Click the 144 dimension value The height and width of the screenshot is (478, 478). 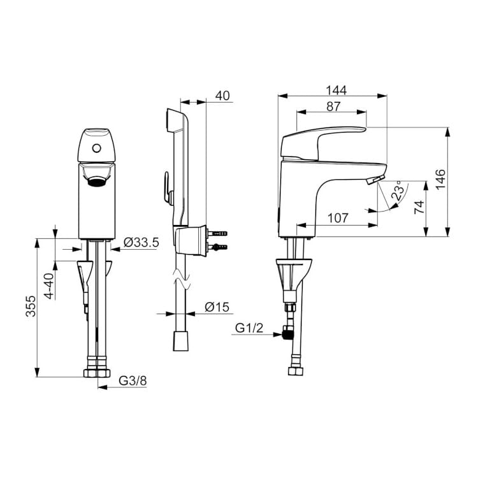click(337, 91)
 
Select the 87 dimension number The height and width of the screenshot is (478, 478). click(333, 106)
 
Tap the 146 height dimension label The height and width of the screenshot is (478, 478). click(440, 180)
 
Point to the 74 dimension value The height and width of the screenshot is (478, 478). click(419, 207)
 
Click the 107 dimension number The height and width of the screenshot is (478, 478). click(338, 218)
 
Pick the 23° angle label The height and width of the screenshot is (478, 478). click(400, 190)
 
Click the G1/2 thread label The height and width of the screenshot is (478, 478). click(249, 328)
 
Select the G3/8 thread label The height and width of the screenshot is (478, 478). click(133, 380)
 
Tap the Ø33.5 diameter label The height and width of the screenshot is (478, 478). click(141, 242)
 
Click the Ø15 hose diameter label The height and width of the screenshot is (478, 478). click(217, 307)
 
